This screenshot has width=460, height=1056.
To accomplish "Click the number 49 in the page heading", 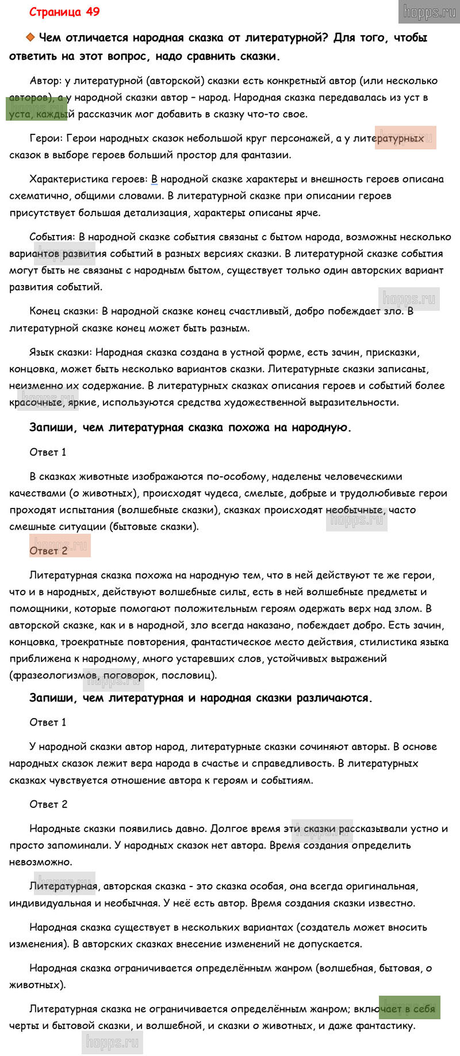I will [x=93, y=12].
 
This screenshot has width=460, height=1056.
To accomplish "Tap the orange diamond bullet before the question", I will [x=30, y=38].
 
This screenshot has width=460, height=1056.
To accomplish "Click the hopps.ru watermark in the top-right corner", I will [x=429, y=11].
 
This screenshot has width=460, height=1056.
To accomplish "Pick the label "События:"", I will [x=52, y=237].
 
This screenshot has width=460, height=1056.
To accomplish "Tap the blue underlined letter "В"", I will [x=154, y=179].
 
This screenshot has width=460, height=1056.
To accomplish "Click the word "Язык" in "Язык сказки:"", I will [x=41, y=352].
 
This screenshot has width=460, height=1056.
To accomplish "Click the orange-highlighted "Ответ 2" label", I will [x=49, y=550].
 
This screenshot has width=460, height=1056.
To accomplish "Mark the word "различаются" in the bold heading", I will [x=336, y=698].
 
